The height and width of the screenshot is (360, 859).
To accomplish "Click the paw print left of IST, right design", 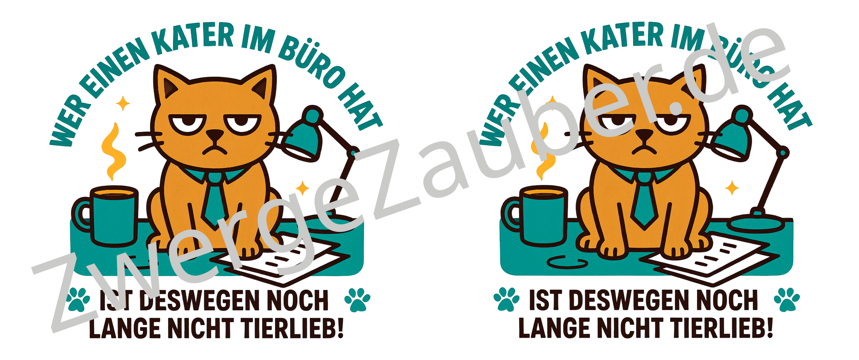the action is click(507, 300).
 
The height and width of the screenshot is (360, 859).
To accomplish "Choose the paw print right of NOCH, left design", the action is click(357, 300).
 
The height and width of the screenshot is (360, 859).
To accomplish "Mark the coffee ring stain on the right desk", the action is click(567, 262).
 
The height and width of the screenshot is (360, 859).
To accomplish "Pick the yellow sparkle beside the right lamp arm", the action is click(732, 188).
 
